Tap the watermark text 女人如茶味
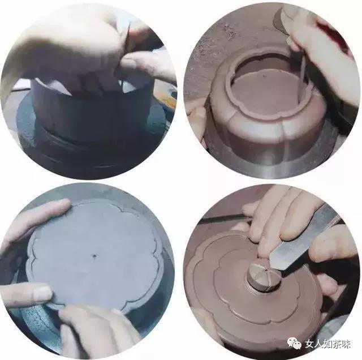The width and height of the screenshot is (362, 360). pyautogui.click(x=327, y=344)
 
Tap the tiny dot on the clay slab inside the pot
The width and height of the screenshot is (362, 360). pyautogui.click(x=262, y=75)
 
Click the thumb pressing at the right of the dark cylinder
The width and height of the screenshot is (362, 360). pyautogui.click(x=148, y=65)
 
